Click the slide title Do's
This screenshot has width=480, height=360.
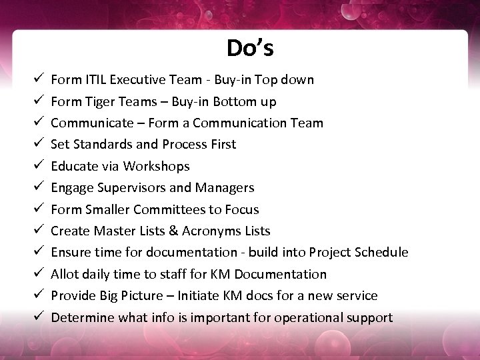[250, 48]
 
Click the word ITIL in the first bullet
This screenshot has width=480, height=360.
[96, 80]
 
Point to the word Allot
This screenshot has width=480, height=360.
[65, 274]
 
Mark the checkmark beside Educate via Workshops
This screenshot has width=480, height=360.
[38, 166]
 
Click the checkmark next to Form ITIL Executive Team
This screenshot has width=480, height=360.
[38, 79]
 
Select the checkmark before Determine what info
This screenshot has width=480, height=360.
[38, 317]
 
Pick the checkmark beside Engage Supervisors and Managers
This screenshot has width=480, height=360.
[38, 187]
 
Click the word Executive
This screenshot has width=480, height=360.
[137, 80]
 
